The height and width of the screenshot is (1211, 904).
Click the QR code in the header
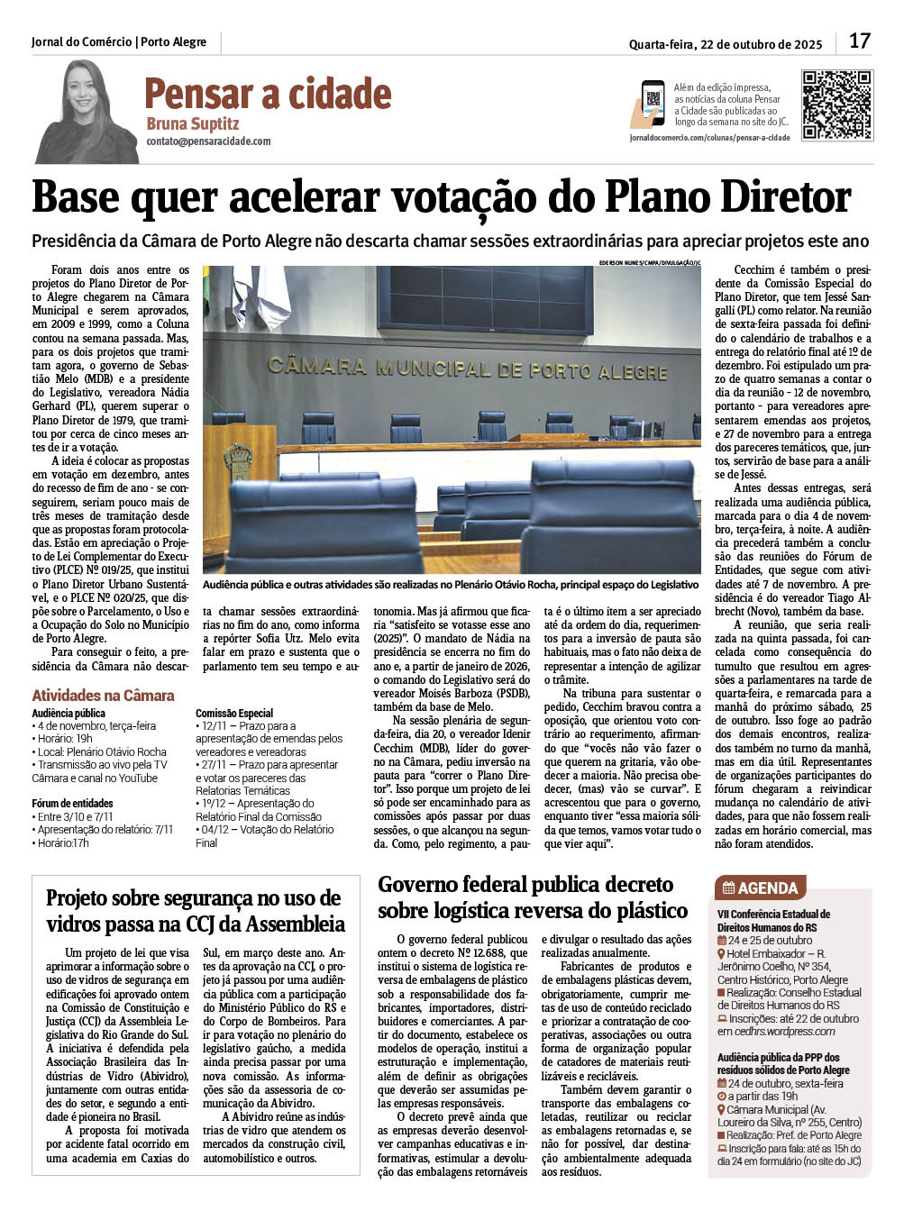click(837, 105)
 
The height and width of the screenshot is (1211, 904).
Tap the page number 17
click(860, 41)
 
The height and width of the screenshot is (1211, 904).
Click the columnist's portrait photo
click(87, 113)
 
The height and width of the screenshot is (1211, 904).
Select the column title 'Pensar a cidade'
click(268, 94)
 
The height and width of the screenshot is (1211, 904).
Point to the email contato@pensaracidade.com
click(208, 141)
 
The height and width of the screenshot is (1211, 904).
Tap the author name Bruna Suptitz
click(192, 123)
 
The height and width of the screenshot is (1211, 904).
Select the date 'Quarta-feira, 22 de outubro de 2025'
click(725, 44)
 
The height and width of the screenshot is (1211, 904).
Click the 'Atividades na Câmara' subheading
click(103, 695)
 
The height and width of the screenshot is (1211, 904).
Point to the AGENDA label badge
click(761, 888)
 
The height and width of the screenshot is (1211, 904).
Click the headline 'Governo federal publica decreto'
click(525, 884)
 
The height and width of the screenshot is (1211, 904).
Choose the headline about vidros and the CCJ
click(195, 911)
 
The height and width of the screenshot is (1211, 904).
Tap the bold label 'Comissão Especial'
click(233, 713)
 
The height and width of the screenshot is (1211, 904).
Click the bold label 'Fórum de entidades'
click(72, 803)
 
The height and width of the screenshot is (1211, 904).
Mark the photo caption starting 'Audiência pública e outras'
click(451, 585)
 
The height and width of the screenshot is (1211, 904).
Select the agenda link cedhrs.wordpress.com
click(784, 1031)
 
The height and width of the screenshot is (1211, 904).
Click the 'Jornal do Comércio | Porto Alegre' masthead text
click(118, 42)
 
